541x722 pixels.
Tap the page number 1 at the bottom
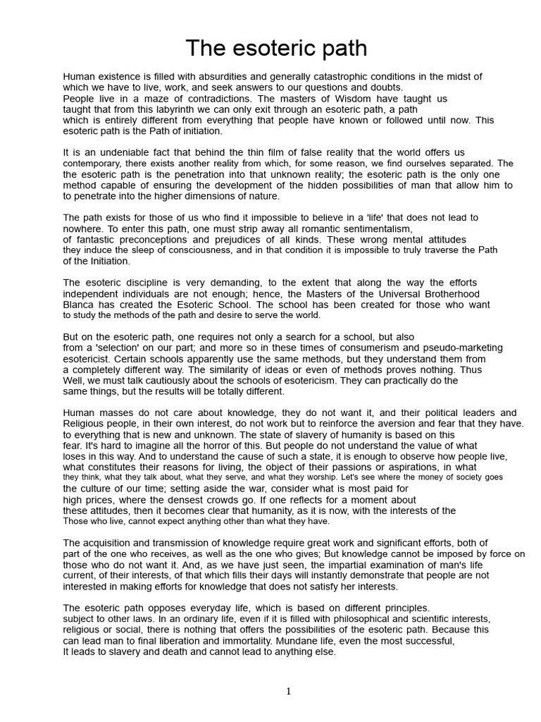pyautogui.click(x=288, y=692)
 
